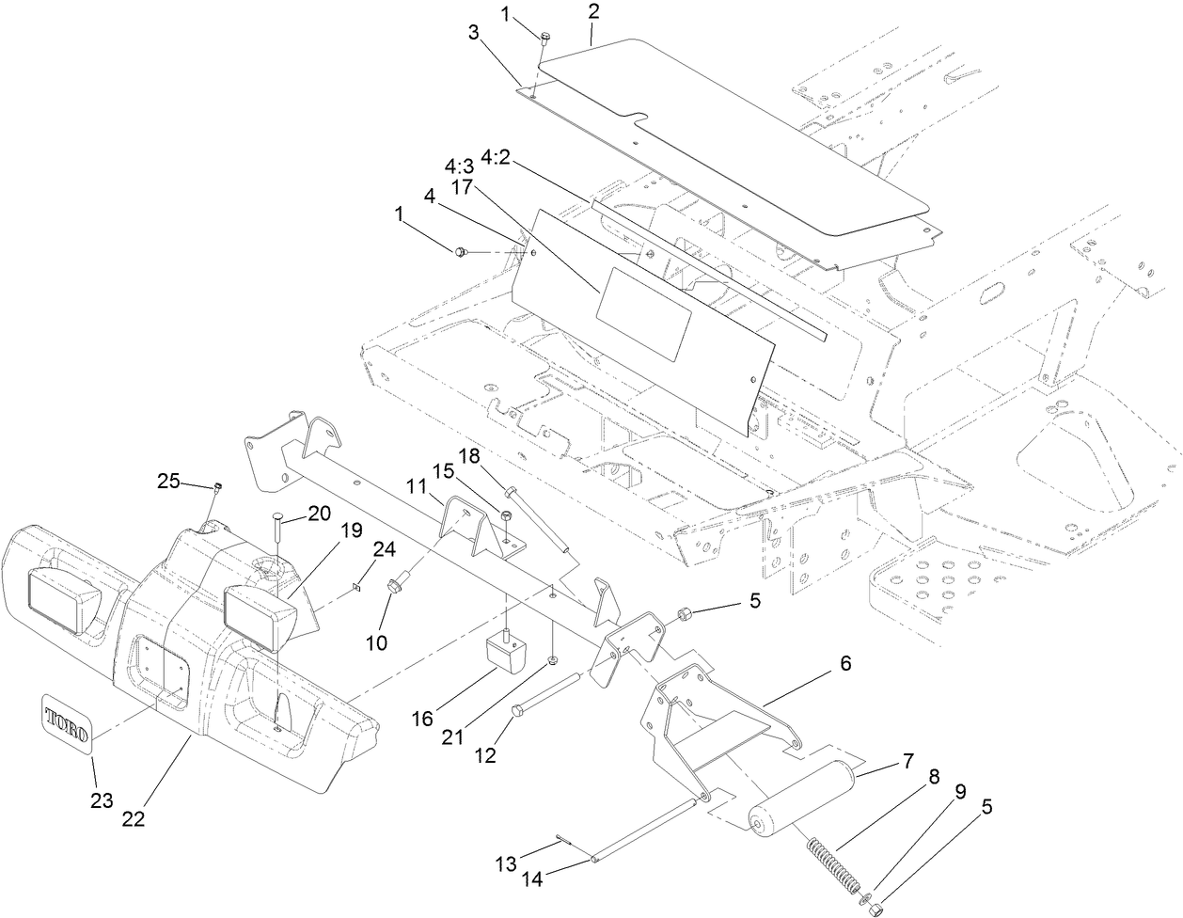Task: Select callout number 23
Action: [x=102, y=800]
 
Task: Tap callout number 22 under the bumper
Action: [x=134, y=817]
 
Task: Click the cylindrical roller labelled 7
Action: [x=798, y=796]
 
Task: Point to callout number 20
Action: [x=320, y=514]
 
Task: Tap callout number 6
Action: [x=844, y=663]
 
